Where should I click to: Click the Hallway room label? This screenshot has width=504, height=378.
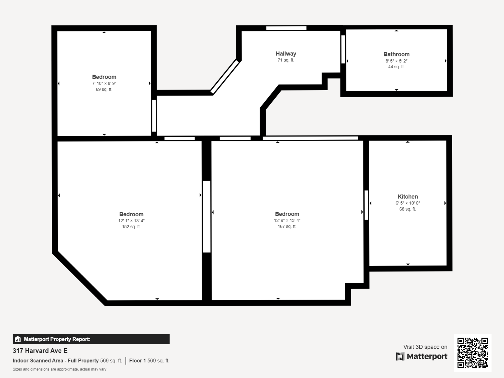[x=286, y=54]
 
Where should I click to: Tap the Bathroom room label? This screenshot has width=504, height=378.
[x=396, y=54]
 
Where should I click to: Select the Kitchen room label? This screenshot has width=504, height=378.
[x=408, y=197]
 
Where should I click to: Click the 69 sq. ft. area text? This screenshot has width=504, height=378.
[x=104, y=90]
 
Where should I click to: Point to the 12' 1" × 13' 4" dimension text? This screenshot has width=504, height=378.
[x=131, y=221]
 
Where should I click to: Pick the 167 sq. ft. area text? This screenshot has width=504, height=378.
[x=287, y=227]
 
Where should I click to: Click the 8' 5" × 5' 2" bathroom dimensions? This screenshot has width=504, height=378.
[x=396, y=61]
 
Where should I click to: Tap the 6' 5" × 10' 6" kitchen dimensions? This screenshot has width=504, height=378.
[x=408, y=203]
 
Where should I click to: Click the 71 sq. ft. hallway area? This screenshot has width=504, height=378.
[x=286, y=60]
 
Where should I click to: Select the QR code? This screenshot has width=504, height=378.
[x=472, y=353]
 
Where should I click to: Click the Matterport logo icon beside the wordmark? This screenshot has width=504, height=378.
[x=400, y=356]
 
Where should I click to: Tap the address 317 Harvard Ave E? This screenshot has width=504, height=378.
[x=40, y=351]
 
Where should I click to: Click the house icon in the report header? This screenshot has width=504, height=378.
[x=18, y=339]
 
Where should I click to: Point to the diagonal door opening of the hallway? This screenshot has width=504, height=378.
[x=225, y=77]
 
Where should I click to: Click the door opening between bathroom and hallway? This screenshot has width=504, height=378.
[x=343, y=49]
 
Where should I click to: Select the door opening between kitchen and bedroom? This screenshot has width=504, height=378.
[x=366, y=205]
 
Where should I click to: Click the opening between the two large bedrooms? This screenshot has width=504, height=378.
[x=207, y=217]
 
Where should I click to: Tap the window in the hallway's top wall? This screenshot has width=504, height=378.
[x=286, y=28]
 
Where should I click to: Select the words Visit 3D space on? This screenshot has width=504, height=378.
[x=425, y=347]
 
